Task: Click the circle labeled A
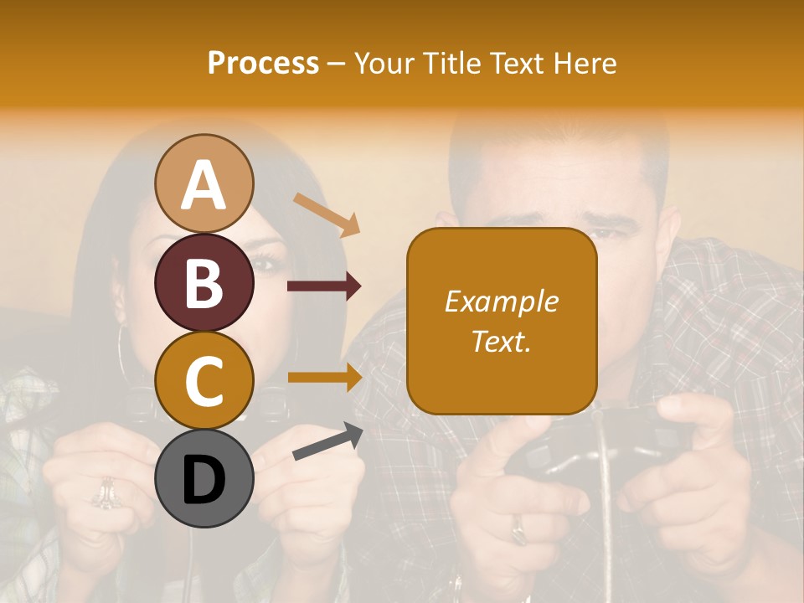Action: pos(204,183)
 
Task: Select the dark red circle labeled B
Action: pos(204,282)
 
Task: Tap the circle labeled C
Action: pos(204,380)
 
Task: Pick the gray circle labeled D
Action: pos(204,479)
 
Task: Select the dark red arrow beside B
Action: pos(325,286)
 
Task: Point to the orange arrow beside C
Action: pos(325,378)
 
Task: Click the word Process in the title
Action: pos(263,63)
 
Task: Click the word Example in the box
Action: pos(501,301)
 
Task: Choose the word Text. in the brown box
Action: pos(501,341)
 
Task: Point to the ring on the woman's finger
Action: pos(106,493)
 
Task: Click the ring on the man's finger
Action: pos(519,529)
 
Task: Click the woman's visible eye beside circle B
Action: pos(267,265)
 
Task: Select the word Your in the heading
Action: pos(384,63)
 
